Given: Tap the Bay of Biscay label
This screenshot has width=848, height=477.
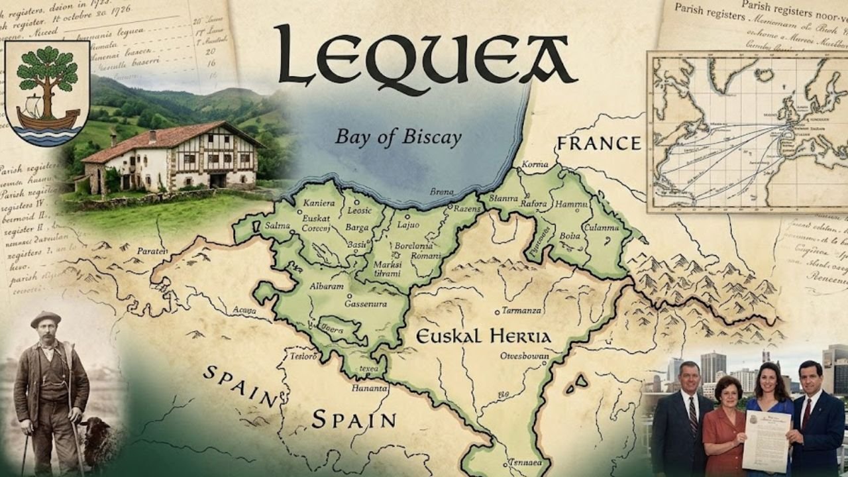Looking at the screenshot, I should click(x=398, y=137).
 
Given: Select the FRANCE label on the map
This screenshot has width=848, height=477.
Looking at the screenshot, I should click(x=598, y=143).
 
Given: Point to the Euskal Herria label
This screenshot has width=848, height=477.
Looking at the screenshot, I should click(x=483, y=337).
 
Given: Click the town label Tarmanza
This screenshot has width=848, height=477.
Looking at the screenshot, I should click(x=521, y=310).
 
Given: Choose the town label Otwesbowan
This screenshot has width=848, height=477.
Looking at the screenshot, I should click(x=524, y=356).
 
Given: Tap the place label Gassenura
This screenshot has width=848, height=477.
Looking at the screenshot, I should click(x=366, y=303).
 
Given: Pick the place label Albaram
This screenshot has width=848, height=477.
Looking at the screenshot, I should click(x=327, y=286).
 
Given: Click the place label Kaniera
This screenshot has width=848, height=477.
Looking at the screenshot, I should click(x=319, y=203).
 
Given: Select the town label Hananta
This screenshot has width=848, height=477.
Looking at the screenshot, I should click(x=369, y=388).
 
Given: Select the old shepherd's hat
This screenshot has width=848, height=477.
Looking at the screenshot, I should click(x=45, y=319).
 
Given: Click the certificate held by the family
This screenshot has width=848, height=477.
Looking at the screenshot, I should click(x=767, y=438).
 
